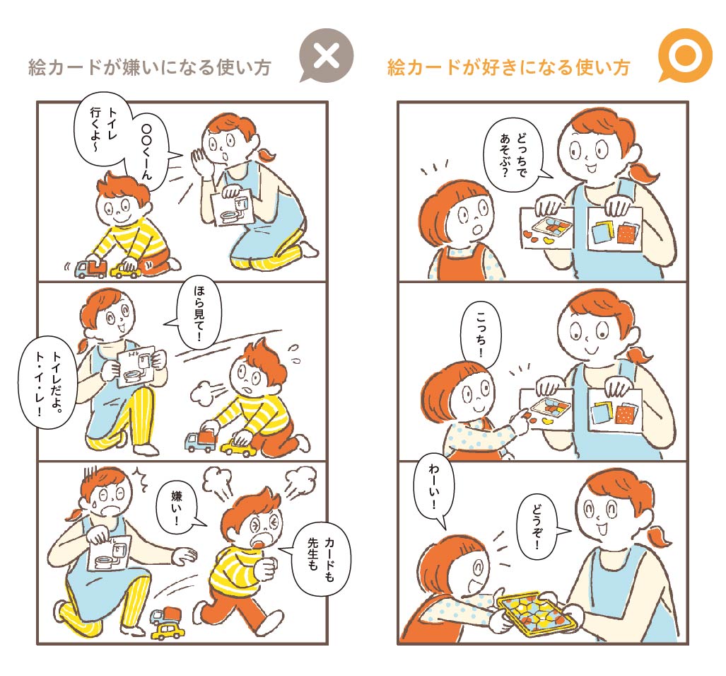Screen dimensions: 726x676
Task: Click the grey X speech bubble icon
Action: click(x=327, y=55)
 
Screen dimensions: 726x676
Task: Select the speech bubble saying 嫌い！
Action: click(x=178, y=508)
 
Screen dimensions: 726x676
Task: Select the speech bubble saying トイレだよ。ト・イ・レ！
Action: click(x=47, y=383)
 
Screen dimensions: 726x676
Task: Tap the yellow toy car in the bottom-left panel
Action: click(x=168, y=631)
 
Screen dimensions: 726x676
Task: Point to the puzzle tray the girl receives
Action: click(x=537, y=614)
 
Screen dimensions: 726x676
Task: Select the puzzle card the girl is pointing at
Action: click(x=547, y=408)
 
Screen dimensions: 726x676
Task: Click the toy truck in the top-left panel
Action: click(x=90, y=270)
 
